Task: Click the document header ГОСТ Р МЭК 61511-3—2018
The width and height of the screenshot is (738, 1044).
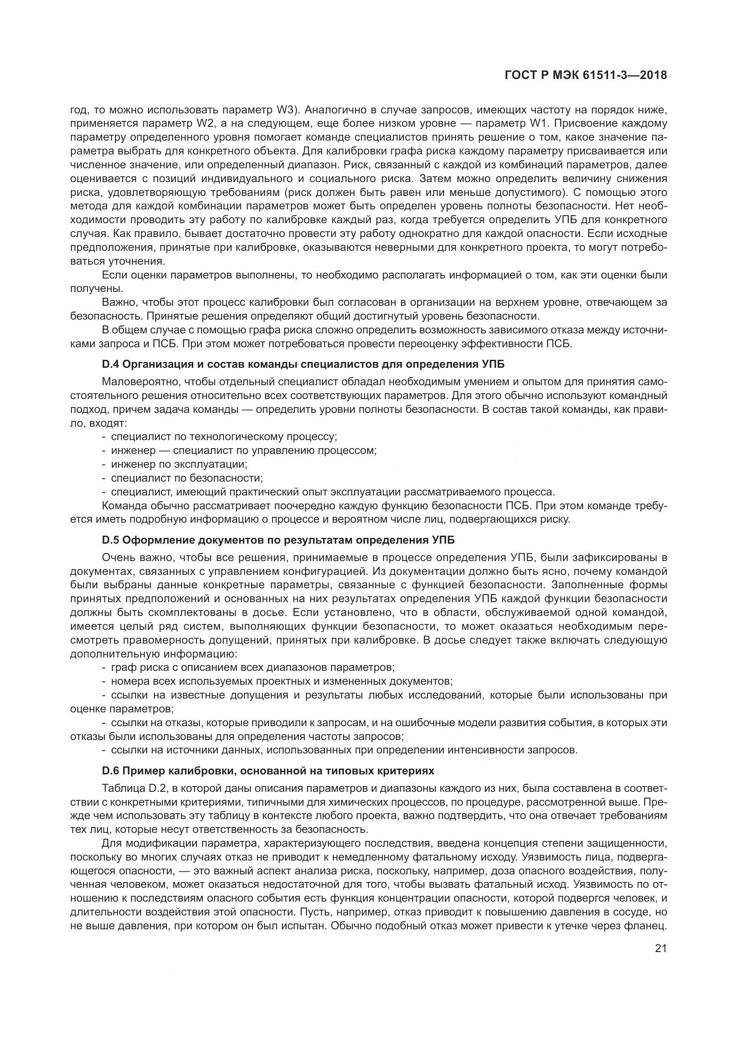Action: coord(586,75)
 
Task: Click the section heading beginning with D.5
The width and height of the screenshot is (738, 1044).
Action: coord(278,540)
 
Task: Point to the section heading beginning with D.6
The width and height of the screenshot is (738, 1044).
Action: coord(268,771)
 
